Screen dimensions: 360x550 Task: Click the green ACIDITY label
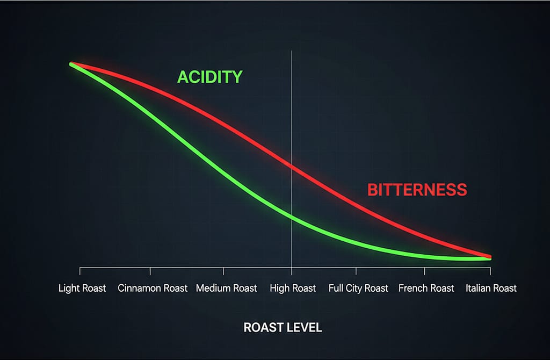click(210, 77)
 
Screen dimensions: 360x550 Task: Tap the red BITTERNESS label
click(417, 190)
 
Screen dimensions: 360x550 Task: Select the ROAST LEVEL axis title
click(283, 327)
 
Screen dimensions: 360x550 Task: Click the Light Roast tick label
click(82, 289)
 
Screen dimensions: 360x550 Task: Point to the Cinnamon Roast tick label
click(153, 289)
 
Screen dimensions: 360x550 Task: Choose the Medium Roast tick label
click(226, 289)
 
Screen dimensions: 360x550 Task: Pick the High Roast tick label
click(293, 289)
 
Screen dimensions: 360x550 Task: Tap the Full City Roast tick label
click(358, 289)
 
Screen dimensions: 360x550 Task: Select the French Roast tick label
click(426, 289)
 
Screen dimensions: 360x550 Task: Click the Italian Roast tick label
click(491, 289)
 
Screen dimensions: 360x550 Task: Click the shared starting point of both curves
click(71, 64)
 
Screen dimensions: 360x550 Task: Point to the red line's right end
click(489, 256)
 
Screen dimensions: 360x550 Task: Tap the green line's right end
click(489, 259)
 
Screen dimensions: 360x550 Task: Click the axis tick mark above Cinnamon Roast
click(150, 271)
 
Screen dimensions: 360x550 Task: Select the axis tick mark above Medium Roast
click(223, 271)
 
